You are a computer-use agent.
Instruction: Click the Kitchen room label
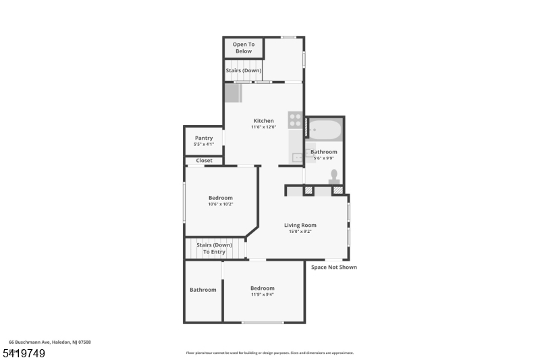[263, 121]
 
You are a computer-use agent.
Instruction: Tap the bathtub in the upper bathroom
[326, 130]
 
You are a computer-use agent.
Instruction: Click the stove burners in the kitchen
[295, 120]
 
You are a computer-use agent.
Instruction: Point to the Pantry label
[203, 138]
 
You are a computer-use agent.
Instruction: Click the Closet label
[204, 161]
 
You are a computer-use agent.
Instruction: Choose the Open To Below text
[243, 47]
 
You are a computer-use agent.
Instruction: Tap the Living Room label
[300, 225]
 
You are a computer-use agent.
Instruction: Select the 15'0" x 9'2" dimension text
[300, 232]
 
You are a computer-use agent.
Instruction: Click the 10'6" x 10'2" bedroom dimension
[220, 204]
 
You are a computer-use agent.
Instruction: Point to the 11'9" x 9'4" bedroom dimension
[263, 294]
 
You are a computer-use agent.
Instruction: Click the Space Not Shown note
[333, 267]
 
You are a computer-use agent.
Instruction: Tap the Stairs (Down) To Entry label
[214, 249]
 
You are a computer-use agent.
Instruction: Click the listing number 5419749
[24, 353]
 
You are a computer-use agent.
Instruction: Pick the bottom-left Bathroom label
[202, 290]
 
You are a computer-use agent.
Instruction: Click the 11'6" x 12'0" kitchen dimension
[263, 127]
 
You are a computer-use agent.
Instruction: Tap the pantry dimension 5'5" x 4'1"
[203, 144]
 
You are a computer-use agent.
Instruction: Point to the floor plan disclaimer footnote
[269, 353]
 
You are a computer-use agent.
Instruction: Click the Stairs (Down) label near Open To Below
[243, 70]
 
